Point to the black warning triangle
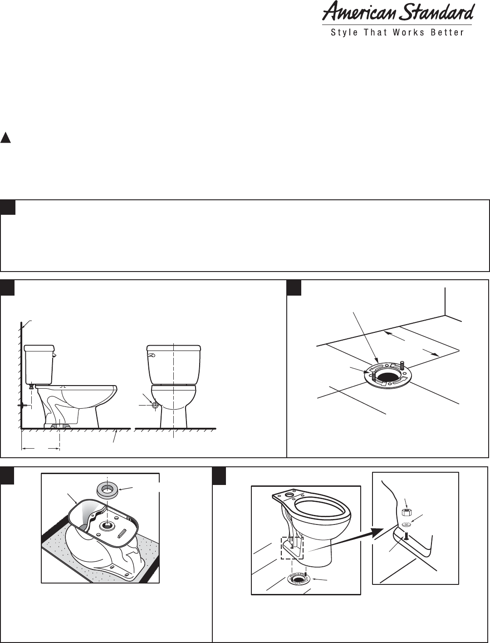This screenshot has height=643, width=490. tap(5, 138)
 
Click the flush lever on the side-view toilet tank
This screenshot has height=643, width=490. tap(54, 356)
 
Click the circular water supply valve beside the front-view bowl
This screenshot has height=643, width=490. tap(155, 405)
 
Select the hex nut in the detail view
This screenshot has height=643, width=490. tap(406, 513)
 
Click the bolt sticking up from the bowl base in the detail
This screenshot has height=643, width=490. tap(406, 536)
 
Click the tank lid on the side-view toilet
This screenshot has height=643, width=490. tap(39, 348)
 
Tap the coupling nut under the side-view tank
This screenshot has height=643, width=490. tap(31, 387)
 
